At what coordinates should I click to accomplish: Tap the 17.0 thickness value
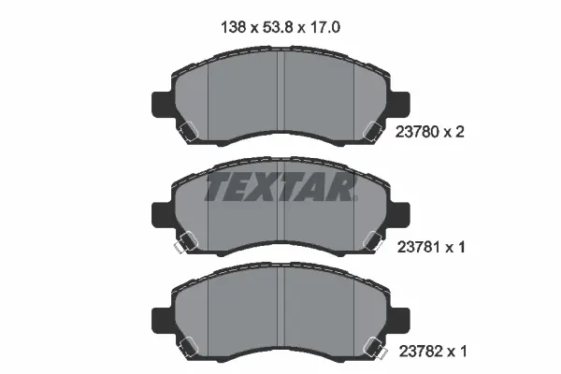[321, 29]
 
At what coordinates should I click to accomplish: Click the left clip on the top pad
[187, 133]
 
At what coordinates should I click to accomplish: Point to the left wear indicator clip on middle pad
[182, 243]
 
